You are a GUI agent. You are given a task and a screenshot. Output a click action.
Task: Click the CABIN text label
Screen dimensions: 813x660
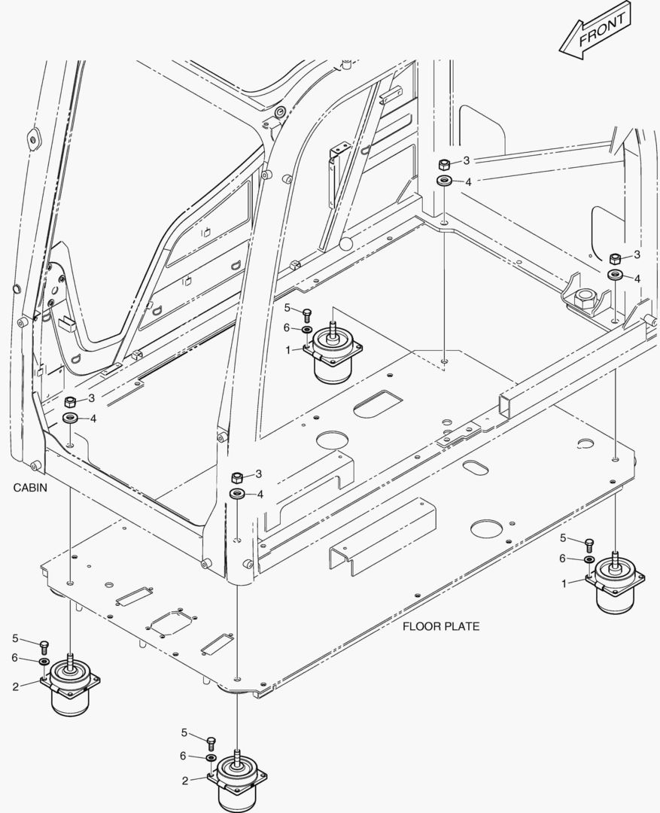pyautogui.click(x=30, y=488)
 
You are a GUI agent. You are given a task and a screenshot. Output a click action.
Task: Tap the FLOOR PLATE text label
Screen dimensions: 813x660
pyautogui.click(x=440, y=626)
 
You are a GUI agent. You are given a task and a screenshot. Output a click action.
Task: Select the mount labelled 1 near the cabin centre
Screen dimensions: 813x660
pyautogui.click(x=333, y=355)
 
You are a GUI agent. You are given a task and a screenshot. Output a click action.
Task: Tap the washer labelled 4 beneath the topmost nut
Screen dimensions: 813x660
pyautogui.click(x=444, y=181)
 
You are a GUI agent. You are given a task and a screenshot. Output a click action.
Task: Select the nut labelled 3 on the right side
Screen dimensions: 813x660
pyautogui.click(x=615, y=257)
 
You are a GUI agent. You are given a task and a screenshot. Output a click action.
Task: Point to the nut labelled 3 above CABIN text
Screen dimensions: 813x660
pyautogui.click(x=69, y=400)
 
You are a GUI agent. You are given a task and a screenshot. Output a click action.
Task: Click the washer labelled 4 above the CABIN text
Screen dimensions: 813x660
pyautogui.click(x=70, y=418)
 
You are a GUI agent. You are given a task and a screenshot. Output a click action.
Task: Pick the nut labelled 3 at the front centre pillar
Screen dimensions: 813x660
pyautogui.click(x=236, y=477)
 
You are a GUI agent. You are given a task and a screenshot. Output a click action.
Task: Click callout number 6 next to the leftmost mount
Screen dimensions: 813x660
pyautogui.click(x=14, y=658)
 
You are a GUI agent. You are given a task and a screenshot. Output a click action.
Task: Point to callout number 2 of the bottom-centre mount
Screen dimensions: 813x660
pyautogui.click(x=184, y=781)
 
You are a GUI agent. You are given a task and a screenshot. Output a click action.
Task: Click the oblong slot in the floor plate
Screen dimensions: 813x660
pyautogui.click(x=476, y=467)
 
